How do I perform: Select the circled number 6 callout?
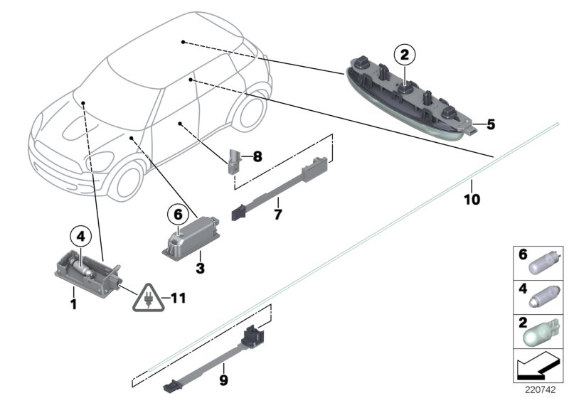[x=179, y=212]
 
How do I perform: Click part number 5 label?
[x=490, y=125]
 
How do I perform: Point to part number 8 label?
[x=257, y=155]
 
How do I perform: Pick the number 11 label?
[x=178, y=298]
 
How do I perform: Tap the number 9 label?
[x=223, y=382]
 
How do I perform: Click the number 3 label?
[x=201, y=268]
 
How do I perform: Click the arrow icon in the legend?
[x=538, y=368]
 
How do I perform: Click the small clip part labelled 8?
[x=234, y=161]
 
